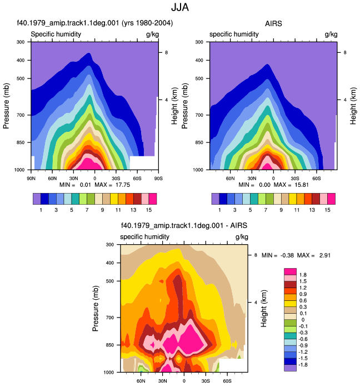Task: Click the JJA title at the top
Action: click(x=180, y=7)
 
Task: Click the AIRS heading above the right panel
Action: click(x=273, y=23)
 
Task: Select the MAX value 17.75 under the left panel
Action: click(x=123, y=185)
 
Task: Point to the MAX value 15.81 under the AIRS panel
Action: click(x=301, y=185)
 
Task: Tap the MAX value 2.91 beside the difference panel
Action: click(x=325, y=255)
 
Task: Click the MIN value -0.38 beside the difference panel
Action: click(x=287, y=255)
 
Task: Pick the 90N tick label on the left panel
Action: click(x=31, y=178)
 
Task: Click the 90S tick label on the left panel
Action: click(x=158, y=178)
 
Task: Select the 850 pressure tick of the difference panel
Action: click(x=110, y=345)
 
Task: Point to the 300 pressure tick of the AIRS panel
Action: click(x=199, y=42)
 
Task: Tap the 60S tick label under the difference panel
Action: click(x=227, y=381)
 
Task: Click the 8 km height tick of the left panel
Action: click(x=167, y=52)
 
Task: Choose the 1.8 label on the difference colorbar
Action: click(x=303, y=275)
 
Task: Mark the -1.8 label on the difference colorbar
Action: click(x=303, y=364)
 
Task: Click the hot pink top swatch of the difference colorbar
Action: click(x=290, y=271)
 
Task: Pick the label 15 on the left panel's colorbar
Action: click(x=148, y=210)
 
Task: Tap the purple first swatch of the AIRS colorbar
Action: click(x=216, y=199)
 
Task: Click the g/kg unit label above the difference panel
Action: click(x=242, y=237)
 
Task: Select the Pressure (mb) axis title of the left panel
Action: click(x=6, y=106)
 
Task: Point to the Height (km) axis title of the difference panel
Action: click(x=263, y=309)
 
